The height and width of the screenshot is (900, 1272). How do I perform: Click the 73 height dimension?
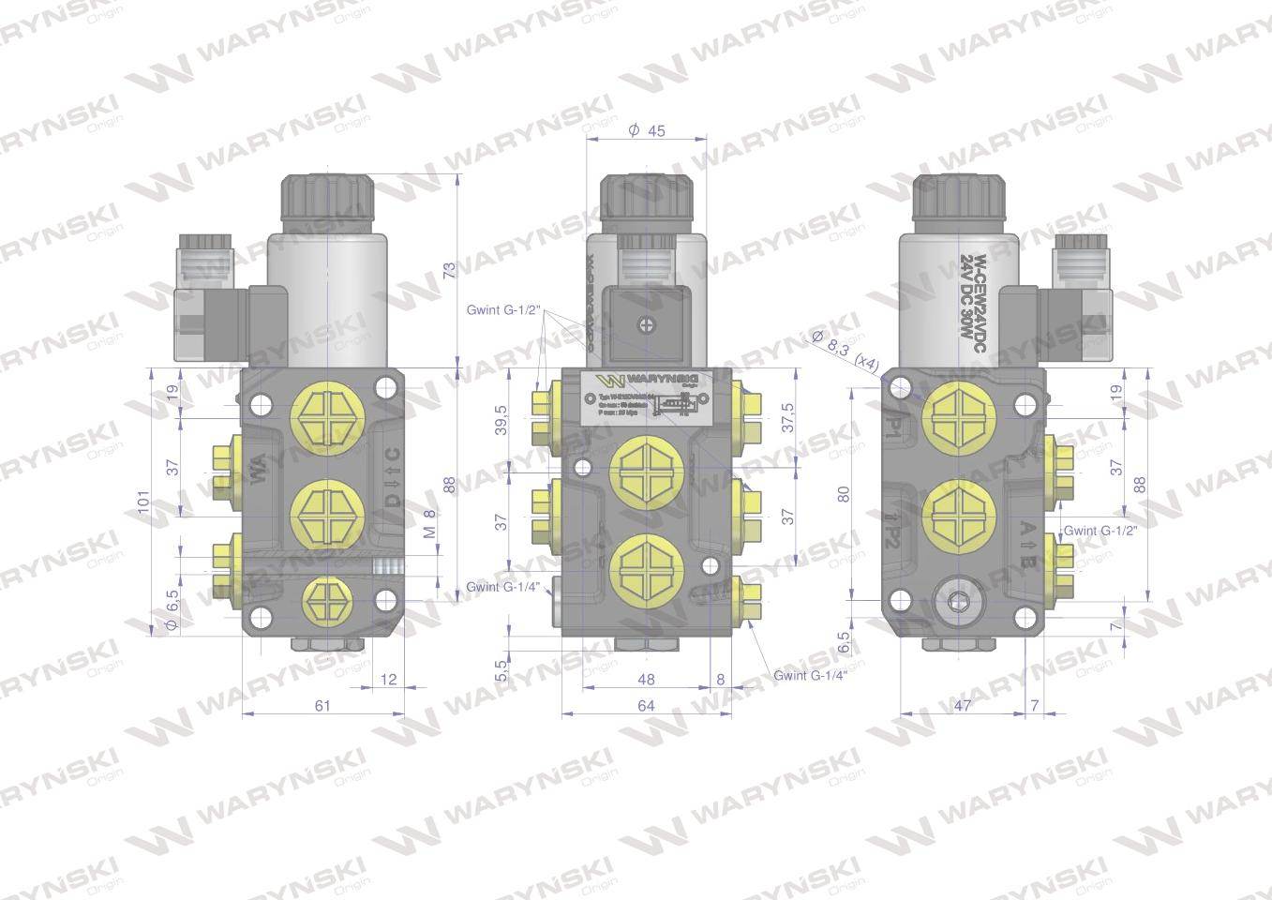449,270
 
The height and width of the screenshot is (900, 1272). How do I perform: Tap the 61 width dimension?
322,706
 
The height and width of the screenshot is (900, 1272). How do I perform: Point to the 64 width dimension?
646,706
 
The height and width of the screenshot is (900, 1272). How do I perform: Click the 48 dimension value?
646,679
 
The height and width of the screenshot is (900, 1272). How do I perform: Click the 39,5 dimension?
501,420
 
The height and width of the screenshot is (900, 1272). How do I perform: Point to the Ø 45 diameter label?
647,131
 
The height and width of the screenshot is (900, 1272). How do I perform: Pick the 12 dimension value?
390,679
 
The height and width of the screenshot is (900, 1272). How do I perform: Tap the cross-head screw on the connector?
647,324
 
